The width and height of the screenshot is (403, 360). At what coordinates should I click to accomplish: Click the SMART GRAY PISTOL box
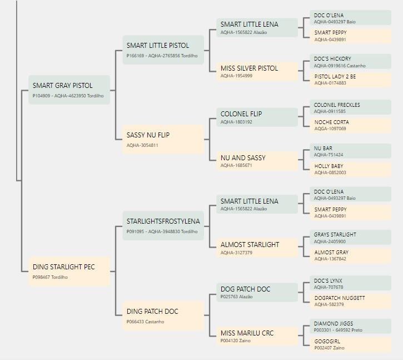point(69,90)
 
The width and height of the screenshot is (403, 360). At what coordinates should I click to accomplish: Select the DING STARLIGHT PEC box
point(69,272)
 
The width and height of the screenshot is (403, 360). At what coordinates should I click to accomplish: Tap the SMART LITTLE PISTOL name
point(158,46)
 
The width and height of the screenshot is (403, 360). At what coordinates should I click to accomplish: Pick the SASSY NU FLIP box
point(163,140)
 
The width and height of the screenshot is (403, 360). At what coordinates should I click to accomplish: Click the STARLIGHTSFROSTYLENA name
point(163,221)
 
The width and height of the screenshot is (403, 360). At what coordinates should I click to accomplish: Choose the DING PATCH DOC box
point(163,315)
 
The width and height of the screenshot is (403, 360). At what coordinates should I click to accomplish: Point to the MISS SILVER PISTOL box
point(257,71)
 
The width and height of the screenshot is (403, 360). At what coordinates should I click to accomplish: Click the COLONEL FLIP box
point(257,117)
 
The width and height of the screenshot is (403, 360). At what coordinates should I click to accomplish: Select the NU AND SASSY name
point(243,157)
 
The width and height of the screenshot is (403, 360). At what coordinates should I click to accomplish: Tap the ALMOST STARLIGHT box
point(257,248)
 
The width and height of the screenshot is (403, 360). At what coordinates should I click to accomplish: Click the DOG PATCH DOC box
point(257,292)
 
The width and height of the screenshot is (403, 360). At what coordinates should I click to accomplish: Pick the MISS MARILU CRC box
point(257,336)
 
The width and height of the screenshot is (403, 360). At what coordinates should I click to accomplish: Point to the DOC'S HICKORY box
point(351,62)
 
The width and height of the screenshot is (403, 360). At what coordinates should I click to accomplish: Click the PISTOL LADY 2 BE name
point(335,77)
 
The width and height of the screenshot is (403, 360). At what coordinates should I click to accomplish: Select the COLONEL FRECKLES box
point(351,107)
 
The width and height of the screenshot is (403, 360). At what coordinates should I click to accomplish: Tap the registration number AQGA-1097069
point(330,129)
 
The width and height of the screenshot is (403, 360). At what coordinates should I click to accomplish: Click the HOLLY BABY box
point(351,169)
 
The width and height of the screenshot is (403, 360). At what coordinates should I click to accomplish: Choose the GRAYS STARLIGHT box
point(351,237)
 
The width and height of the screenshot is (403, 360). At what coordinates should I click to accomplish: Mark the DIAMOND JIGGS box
point(351,326)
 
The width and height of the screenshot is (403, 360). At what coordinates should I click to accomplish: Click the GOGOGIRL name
point(327,342)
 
